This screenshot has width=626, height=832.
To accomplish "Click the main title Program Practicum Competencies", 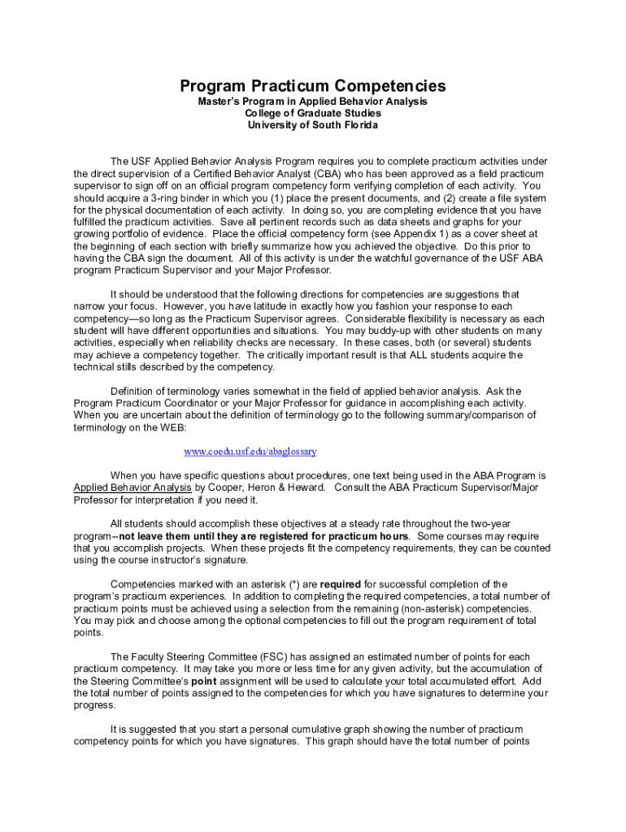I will pos(313,85).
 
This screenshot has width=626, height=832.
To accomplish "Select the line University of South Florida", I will pos(313,125).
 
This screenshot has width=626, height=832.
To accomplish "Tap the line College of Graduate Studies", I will pos(313,113).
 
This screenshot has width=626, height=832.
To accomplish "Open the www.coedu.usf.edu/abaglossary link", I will pos(250,451).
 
